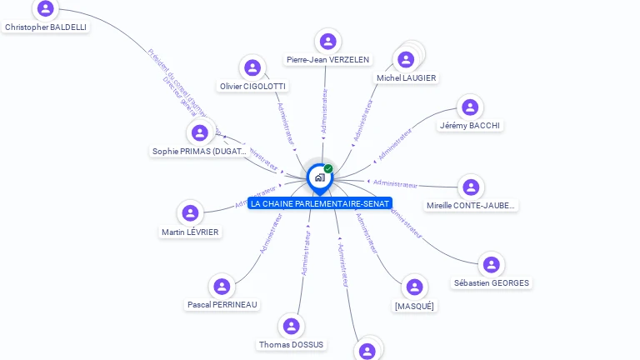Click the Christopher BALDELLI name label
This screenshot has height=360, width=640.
[46, 27]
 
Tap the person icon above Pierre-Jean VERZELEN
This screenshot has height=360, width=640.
[327, 41]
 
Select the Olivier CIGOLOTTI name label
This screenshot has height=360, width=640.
[252, 87]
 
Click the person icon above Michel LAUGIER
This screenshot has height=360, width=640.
[406, 59]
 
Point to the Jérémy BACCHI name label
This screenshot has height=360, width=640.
[470, 126]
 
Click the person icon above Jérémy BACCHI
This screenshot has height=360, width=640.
[470, 107]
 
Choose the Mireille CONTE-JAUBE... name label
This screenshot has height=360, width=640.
[471, 206]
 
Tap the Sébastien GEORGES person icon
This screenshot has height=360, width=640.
[491, 264]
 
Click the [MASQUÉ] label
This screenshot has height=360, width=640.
[414, 307]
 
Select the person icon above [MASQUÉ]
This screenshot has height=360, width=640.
[414, 287]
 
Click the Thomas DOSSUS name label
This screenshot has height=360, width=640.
[291, 345]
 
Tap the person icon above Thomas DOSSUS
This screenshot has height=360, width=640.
[291, 326]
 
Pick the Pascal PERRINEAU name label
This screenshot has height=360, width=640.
[222, 305]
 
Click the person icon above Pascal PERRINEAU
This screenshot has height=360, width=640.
[222, 287]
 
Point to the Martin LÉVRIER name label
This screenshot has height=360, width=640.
[190, 232]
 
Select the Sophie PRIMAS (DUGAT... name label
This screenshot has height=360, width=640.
[200, 152]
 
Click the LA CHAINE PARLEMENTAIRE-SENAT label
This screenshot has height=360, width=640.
[320, 203]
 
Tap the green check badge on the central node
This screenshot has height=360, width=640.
[328, 169]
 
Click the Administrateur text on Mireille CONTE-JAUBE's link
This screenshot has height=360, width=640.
[395, 183]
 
